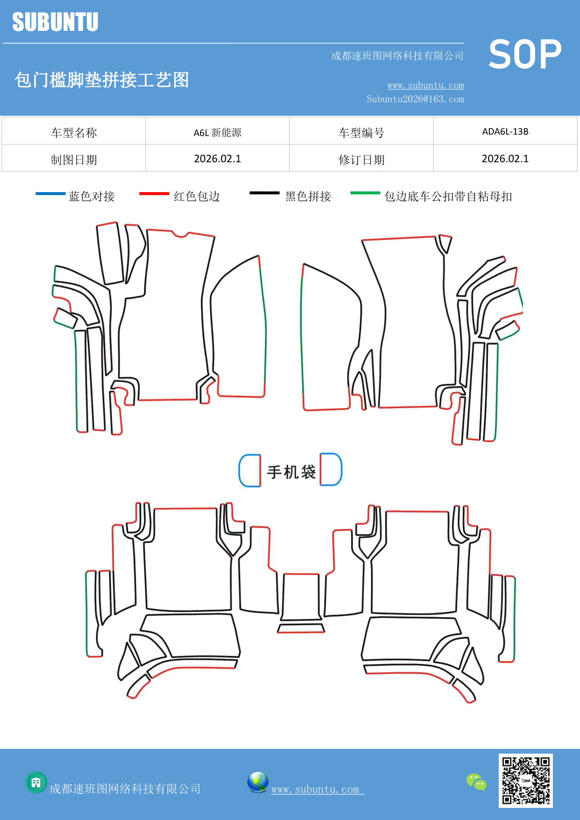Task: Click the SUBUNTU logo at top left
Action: point(55,22)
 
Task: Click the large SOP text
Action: point(525,55)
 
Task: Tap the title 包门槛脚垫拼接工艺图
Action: point(101,80)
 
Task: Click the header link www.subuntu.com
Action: point(425,86)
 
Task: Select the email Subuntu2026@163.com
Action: point(415,99)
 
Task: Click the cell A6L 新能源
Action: point(217,132)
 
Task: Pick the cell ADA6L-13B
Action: point(505,131)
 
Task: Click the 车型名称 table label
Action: point(74,133)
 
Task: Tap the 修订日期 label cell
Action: point(361,160)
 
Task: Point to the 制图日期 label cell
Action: point(74,160)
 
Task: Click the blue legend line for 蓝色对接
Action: point(50,194)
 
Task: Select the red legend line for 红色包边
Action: point(154,194)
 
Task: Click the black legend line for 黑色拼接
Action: point(264,193)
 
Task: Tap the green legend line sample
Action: point(365,193)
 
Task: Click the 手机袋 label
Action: point(291,472)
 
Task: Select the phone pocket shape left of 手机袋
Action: point(250,470)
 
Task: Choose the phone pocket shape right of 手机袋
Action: point(331,469)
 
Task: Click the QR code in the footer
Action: point(525,780)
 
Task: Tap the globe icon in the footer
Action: point(258,782)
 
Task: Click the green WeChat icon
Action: point(476,782)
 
